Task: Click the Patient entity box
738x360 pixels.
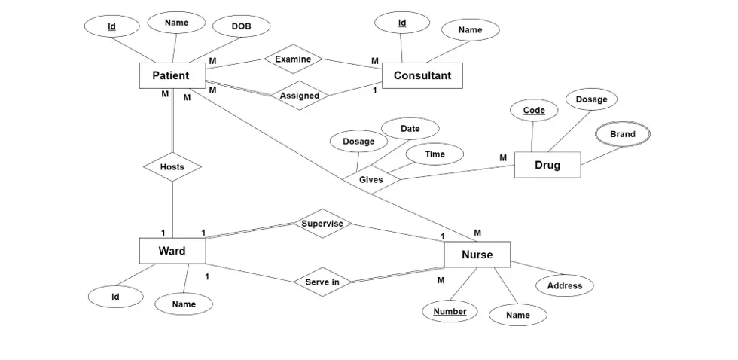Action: pyautogui.click(x=171, y=75)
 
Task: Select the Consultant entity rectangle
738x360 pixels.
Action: pyautogui.click(x=422, y=75)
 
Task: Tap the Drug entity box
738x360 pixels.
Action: pyautogui.click(x=547, y=165)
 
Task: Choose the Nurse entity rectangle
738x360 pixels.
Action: pyautogui.click(x=477, y=255)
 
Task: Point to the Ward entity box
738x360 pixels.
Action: pyautogui.click(x=172, y=251)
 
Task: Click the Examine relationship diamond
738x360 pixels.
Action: pyautogui.click(x=293, y=59)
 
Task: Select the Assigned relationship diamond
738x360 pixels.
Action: pyautogui.click(x=300, y=96)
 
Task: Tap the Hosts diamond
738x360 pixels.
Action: pyautogui.click(x=172, y=166)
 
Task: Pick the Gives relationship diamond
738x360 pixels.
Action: pyautogui.click(x=371, y=180)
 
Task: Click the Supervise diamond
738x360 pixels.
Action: pyautogui.click(x=322, y=224)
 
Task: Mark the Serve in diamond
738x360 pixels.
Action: pyautogui.click(x=322, y=282)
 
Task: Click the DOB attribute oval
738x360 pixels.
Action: pyautogui.click(x=241, y=27)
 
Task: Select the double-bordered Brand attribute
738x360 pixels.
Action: pyautogui.click(x=622, y=134)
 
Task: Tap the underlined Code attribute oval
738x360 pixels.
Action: pyautogui.click(x=534, y=111)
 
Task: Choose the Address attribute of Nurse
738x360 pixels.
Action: pyautogui.click(x=564, y=285)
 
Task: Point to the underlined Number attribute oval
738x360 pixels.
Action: pyautogui.click(x=450, y=311)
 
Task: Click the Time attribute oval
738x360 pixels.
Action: pyautogui.click(x=435, y=154)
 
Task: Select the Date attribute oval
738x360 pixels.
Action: pyautogui.click(x=410, y=129)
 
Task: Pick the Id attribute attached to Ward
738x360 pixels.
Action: pyautogui.click(x=116, y=297)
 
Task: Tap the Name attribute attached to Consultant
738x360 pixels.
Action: pyautogui.click(x=470, y=30)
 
